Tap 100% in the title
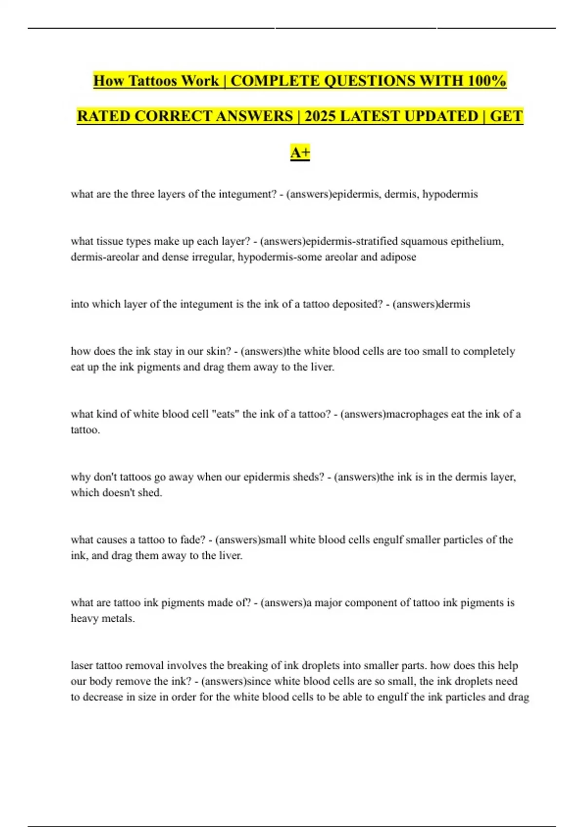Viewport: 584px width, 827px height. [486, 81]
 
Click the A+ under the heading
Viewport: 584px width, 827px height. [300, 153]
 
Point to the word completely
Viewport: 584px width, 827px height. [489, 351]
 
